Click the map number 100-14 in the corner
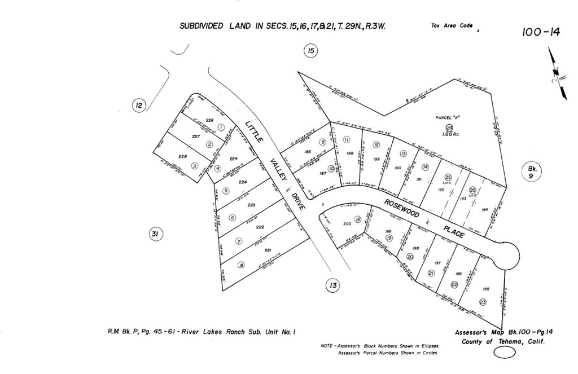(541, 32)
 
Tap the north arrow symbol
(557, 73)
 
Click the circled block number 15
(310, 51)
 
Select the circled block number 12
(139, 105)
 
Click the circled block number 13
(333, 286)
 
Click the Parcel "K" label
(449, 117)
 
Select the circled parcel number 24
(449, 127)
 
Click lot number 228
(182, 156)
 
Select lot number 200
(347, 224)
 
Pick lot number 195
(486, 288)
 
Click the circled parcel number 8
(241, 265)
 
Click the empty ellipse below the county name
(505, 352)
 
